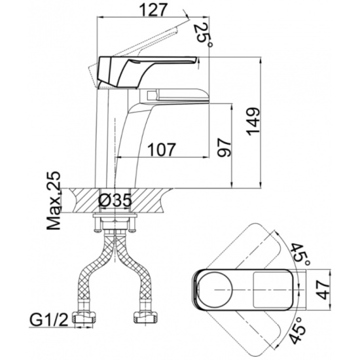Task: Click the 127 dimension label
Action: [153, 10]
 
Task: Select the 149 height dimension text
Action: [253, 122]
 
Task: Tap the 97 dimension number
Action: [223, 147]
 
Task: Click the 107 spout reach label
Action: [161, 150]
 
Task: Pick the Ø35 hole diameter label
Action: [115, 200]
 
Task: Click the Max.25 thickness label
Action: [54, 200]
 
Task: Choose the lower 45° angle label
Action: [298, 329]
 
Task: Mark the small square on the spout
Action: [151, 95]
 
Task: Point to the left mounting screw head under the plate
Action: [98, 230]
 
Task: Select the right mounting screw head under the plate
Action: [132, 230]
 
